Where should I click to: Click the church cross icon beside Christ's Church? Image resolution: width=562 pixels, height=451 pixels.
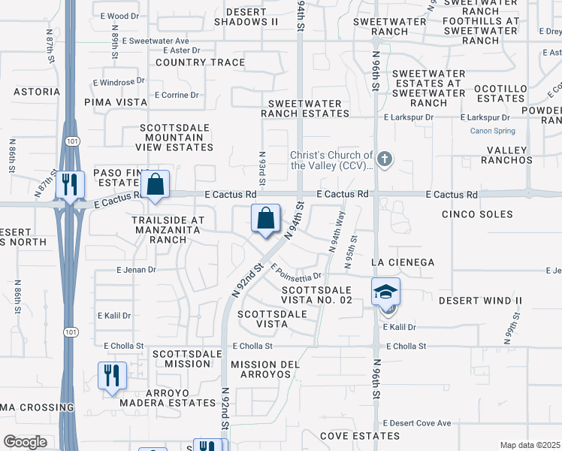[385, 159]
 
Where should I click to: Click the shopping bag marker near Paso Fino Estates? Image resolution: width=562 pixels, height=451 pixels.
[155, 184]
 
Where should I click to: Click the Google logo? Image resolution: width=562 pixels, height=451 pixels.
[25, 442]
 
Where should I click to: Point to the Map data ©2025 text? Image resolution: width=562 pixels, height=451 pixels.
[530, 445]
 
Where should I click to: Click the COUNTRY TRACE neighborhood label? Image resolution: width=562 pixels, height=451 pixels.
[200, 62]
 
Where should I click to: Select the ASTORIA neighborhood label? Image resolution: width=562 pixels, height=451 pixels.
[36, 92]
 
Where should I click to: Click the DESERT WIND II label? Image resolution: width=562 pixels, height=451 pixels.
[480, 301]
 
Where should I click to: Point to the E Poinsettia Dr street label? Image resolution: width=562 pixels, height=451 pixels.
[296, 272]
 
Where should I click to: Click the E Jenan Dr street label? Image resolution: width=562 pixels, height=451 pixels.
[136, 269]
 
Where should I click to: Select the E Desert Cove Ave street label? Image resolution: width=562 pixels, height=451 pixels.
[417, 423]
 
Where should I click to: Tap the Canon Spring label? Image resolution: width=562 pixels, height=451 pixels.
[491, 131]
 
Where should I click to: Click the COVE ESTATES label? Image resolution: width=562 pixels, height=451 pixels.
[357, 436]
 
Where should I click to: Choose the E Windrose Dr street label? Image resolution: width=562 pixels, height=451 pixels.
[118, 81]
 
